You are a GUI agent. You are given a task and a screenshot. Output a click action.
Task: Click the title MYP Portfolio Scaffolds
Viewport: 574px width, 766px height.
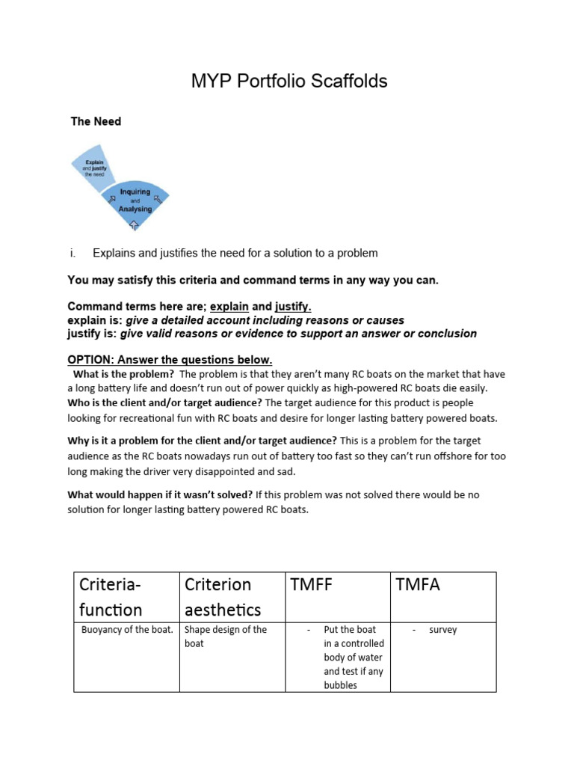pyautogui.click(x=288, y=82)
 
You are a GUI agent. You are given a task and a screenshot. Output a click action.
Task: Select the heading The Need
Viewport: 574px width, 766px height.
pyautogui.click(x=96, y=121)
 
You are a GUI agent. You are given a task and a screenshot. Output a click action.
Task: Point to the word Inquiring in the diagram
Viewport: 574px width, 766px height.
pyautogui.click(x=135, y=192)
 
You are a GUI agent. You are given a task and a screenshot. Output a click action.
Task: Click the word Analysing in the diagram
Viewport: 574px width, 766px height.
pyautogui.click(x=135, y=209)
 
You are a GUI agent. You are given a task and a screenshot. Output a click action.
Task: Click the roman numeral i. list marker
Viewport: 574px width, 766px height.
pyautogui.click(x=73, y=253)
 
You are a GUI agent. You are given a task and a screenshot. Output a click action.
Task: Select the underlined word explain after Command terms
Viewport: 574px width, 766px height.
pyautogui.click(x=229, y=307)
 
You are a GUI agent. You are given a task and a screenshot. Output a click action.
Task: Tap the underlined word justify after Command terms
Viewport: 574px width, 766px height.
pyautogui.click(x=292, y=307)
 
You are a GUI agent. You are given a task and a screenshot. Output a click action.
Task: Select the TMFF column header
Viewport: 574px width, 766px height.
pyautogui.click(x=312, y=585)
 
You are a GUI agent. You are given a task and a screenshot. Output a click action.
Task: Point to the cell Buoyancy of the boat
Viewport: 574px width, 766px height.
pyautogui.click(x=126, y=630)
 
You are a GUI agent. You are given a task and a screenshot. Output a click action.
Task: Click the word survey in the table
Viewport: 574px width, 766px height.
pyautogui.click(x=442, y=630)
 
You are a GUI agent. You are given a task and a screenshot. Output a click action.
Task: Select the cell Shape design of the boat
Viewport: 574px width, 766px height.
pyautogui.click(x=224, y=636)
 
